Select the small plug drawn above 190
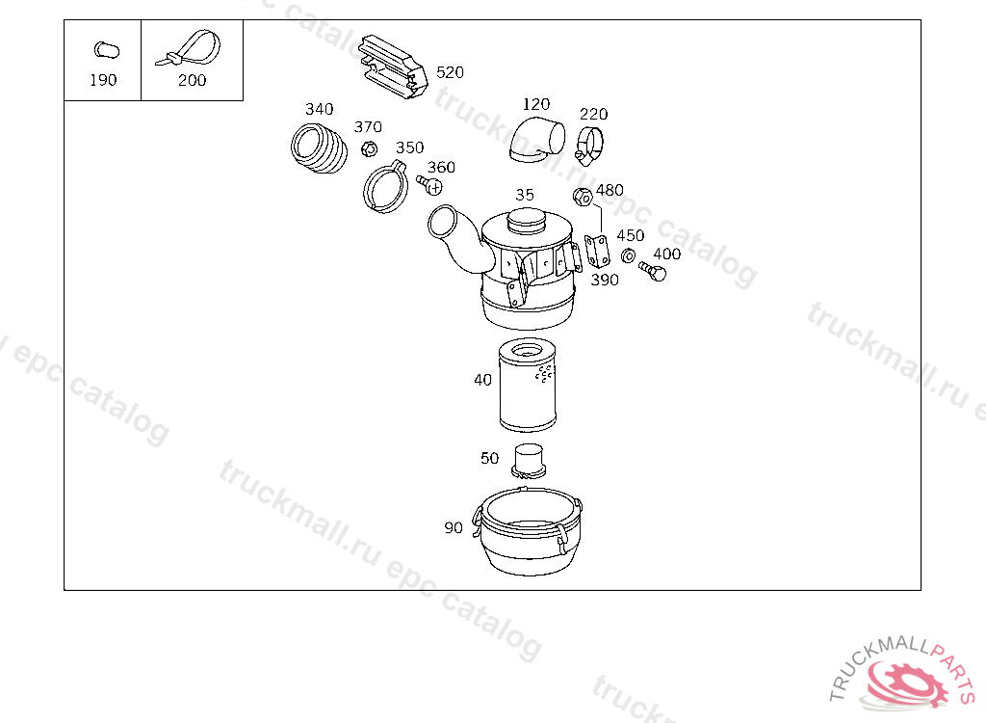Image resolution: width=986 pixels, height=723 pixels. click(x=106, y=50)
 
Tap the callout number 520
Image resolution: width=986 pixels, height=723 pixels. click(x=450, y=72)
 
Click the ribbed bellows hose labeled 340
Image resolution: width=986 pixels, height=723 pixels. click(x=319, y=148)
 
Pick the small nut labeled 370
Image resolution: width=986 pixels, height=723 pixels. click(x=369, y=149)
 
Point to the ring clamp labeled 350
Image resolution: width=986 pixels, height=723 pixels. click(x=385, y=186)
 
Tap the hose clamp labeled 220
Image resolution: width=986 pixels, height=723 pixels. click(x=590, y=145)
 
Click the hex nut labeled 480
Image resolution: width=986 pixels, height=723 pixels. click(x=583, y=197)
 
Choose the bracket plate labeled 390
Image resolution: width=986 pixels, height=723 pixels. click(x=597, y=250)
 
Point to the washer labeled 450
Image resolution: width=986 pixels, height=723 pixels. click(x=628, y=256)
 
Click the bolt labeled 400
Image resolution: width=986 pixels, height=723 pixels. click(x=653, y=271)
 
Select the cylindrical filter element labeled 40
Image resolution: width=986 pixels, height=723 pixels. click(x=527, y=385)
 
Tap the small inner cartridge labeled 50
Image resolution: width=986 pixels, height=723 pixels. click(x=529, y=462)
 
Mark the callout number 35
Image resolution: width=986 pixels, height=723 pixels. click(x=525, y=195)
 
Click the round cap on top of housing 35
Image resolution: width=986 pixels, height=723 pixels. click(x=527, y=221)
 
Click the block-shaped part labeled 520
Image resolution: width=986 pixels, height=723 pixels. click(x=394, y=67)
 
